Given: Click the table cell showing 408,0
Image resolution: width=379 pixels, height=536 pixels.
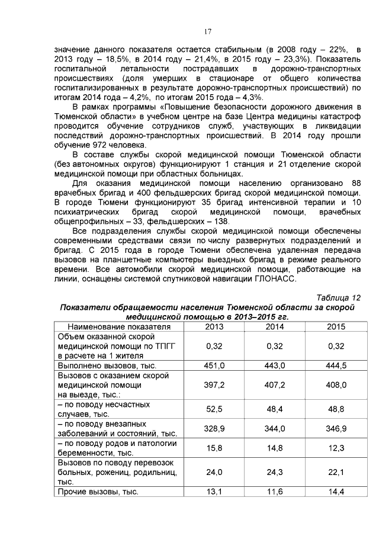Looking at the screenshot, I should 335,385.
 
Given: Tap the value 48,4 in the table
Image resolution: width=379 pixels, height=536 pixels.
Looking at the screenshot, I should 274,409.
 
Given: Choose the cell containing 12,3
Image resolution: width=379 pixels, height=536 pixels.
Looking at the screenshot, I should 335,448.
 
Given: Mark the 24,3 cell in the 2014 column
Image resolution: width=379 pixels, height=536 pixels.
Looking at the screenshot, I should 274,472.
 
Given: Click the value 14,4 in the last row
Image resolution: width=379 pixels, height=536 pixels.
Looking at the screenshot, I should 335,492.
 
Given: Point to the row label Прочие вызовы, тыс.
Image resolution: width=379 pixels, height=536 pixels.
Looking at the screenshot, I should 98,492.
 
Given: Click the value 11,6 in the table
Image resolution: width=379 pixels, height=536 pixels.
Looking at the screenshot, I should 274,492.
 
